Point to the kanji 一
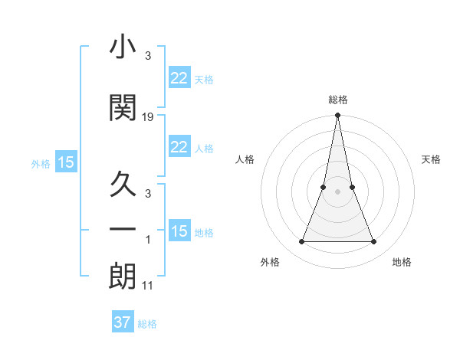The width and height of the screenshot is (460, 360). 123,229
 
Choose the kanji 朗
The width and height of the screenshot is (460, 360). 123,277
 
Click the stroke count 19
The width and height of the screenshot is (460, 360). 148,117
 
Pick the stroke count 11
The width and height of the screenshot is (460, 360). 148,286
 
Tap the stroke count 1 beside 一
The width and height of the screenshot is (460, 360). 148,241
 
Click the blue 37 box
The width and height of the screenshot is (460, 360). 122,322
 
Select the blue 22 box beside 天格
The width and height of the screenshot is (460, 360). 179,78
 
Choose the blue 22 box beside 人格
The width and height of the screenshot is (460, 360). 179,147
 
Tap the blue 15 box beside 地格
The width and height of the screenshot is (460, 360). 179,231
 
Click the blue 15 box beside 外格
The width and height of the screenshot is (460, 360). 65,162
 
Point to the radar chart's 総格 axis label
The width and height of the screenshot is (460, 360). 337,100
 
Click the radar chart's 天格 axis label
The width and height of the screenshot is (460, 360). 431,159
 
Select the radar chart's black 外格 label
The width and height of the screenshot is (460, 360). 270,262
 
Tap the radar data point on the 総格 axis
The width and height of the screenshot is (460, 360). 337,116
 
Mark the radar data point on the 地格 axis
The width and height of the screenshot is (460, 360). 374,242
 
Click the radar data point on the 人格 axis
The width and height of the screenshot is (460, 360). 324,187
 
